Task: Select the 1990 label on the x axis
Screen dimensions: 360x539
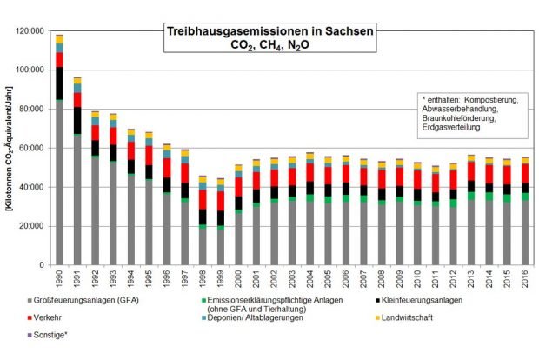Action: (60, 280)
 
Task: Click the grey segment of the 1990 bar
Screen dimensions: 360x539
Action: (59, 183)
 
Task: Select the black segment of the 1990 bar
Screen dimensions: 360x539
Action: (59, 83)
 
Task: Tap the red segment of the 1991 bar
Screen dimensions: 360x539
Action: (77, 100)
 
